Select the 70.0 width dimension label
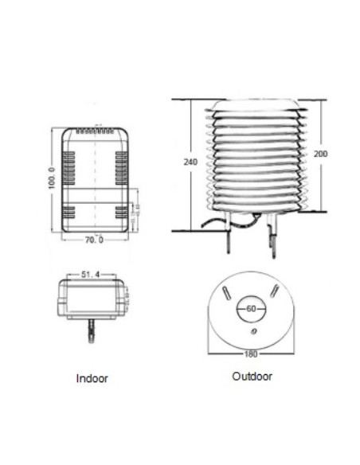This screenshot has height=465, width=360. pyautogui.click(x=96, y=238)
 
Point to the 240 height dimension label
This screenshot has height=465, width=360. pyautogui.click(x=190, y=162)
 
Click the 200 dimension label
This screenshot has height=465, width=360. pyautogui.click(x=319, y=154)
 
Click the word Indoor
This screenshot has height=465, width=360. pyautogui.click(x=92, y=378)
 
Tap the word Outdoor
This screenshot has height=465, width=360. pyautogui.click(x=252, y=376)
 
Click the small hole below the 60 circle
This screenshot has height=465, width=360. pyautogui.click(x=252, y=331)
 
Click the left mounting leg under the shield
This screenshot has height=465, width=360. pyautogui.click(x=231, y=232)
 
